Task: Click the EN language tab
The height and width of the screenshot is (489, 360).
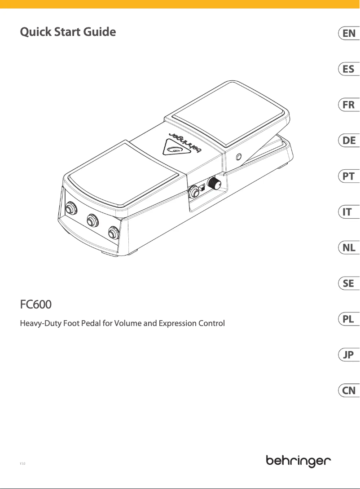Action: click(348, 33)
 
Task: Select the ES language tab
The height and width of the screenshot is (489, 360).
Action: click(348, 69)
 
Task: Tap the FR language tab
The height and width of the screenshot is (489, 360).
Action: click(348, 105)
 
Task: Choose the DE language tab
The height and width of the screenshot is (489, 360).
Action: click(348, 141)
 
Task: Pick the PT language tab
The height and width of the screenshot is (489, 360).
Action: click(348, 176)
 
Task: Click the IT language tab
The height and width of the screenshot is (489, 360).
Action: click(348, 212)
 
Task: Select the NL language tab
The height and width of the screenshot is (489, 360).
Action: click(348, 248)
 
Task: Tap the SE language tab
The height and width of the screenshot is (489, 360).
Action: click(348, 283)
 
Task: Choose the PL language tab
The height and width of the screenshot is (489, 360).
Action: click(348, 319)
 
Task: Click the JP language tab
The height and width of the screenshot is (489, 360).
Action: click(348, 355)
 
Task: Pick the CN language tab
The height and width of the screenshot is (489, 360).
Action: click(348, 391)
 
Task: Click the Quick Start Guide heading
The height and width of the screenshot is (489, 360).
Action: click(68, 32)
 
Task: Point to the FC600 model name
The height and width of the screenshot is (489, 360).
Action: click(36, 305)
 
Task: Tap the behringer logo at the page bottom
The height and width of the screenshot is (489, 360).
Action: click(299, 461)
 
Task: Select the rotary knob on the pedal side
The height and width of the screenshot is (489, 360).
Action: click(215, 184)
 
